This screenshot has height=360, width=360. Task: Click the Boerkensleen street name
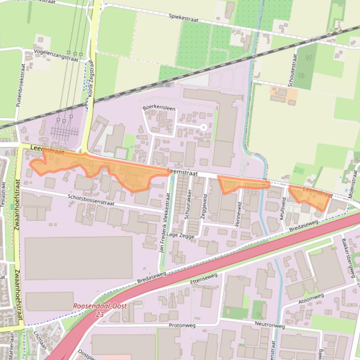(x=159, y=108)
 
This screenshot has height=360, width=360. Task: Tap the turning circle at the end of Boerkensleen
(x=203, y=127)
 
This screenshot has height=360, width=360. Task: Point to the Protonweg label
(x=180, y=325)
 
